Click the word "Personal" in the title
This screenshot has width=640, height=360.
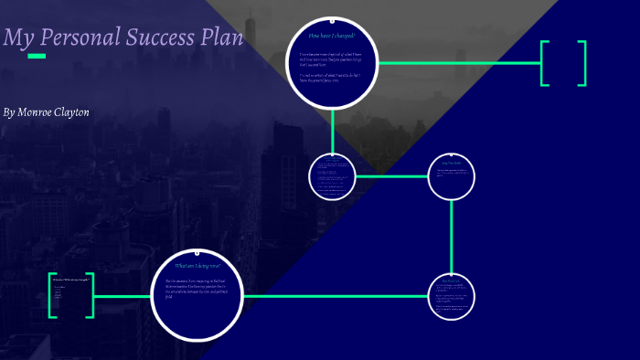78,39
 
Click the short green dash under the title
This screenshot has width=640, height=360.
37,56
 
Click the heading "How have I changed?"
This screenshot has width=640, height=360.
332,36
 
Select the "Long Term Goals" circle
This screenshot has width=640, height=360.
452,176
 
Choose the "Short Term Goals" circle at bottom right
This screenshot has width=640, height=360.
452,297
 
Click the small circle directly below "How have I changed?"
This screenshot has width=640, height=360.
332,176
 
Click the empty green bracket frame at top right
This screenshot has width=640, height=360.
563,63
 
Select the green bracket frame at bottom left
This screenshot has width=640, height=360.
71,295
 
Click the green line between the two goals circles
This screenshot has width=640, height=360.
452,237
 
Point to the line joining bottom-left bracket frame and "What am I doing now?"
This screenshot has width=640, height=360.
123,296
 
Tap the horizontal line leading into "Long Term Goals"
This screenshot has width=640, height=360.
391,176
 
